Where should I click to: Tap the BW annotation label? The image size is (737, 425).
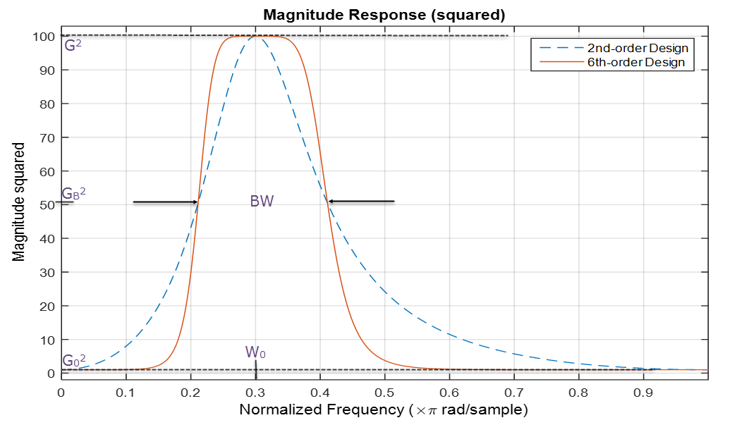tap(262, 202)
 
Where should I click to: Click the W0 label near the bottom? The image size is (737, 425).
tap(255, 352)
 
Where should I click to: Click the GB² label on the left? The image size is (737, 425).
tap(74, 194)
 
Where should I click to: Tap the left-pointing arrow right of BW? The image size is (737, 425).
tap(361, 202)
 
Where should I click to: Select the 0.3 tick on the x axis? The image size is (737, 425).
tap(255, 391)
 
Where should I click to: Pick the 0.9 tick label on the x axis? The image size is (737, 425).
tap(643, 391)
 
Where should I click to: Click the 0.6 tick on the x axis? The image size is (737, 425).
tap(449, 391)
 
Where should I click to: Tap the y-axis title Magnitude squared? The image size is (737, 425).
tap(19, 202)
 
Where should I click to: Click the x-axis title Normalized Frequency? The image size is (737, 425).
tap(384, 409)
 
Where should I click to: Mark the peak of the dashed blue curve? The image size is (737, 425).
tap(255, 36)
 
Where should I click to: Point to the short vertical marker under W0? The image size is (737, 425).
tap(255, 371)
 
